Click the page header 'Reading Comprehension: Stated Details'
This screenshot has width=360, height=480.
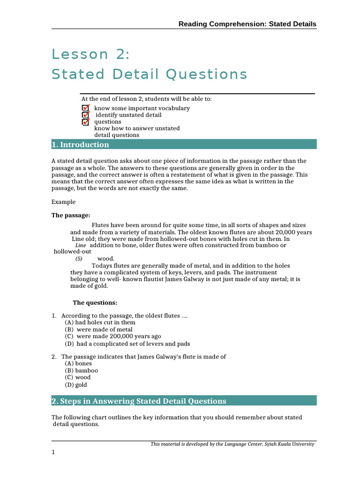[247, 24]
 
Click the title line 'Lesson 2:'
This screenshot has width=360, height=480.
[90, 54]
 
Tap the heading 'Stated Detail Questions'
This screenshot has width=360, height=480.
[149, 74]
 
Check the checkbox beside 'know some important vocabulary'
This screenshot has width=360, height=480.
[85, 108]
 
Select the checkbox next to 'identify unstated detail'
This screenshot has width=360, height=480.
[85, 115]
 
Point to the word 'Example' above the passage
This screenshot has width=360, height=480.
[63, 202]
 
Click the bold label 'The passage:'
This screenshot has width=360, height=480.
[70, 216]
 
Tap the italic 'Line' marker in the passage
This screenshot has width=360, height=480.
[81, 246]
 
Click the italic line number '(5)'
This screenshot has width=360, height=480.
[79, 259]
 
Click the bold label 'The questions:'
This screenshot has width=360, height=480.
[95, 303]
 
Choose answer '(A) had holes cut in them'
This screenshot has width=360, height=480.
[100, 322]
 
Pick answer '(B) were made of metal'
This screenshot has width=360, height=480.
[98, 330]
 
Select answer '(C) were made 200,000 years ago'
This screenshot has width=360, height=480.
[112, 336]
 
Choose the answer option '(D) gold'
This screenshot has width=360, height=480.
[76, 385]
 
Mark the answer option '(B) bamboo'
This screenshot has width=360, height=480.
[82, 370]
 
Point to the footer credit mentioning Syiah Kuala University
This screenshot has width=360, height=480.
[232, 444]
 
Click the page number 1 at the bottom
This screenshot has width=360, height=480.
[53, 452]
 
